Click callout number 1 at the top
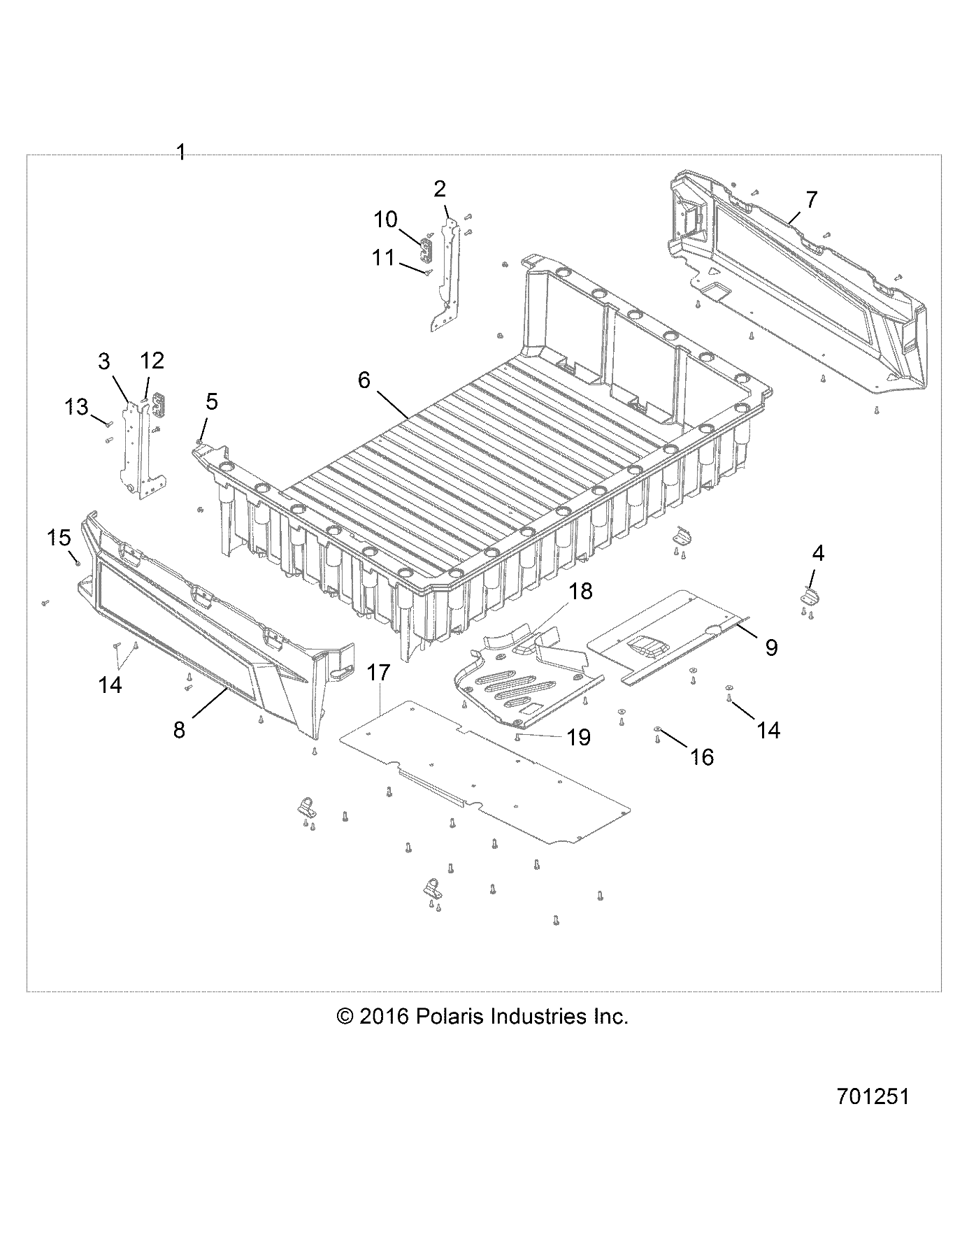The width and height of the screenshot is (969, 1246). (181, 152)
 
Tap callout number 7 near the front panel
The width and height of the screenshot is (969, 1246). (810, 200)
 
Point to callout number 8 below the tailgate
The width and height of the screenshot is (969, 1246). (179, 730)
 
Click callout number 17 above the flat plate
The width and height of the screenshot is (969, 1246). (378, 673)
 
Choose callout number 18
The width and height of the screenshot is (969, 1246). (580, 591)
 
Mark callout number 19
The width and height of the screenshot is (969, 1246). (579, 737)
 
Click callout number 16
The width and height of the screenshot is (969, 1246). (702, 757)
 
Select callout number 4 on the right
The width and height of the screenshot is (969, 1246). (817, 554)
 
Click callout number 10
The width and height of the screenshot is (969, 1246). (385, 219)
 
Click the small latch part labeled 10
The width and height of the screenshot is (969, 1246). (426, 252)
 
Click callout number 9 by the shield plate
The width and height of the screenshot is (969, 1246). (771, 647)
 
